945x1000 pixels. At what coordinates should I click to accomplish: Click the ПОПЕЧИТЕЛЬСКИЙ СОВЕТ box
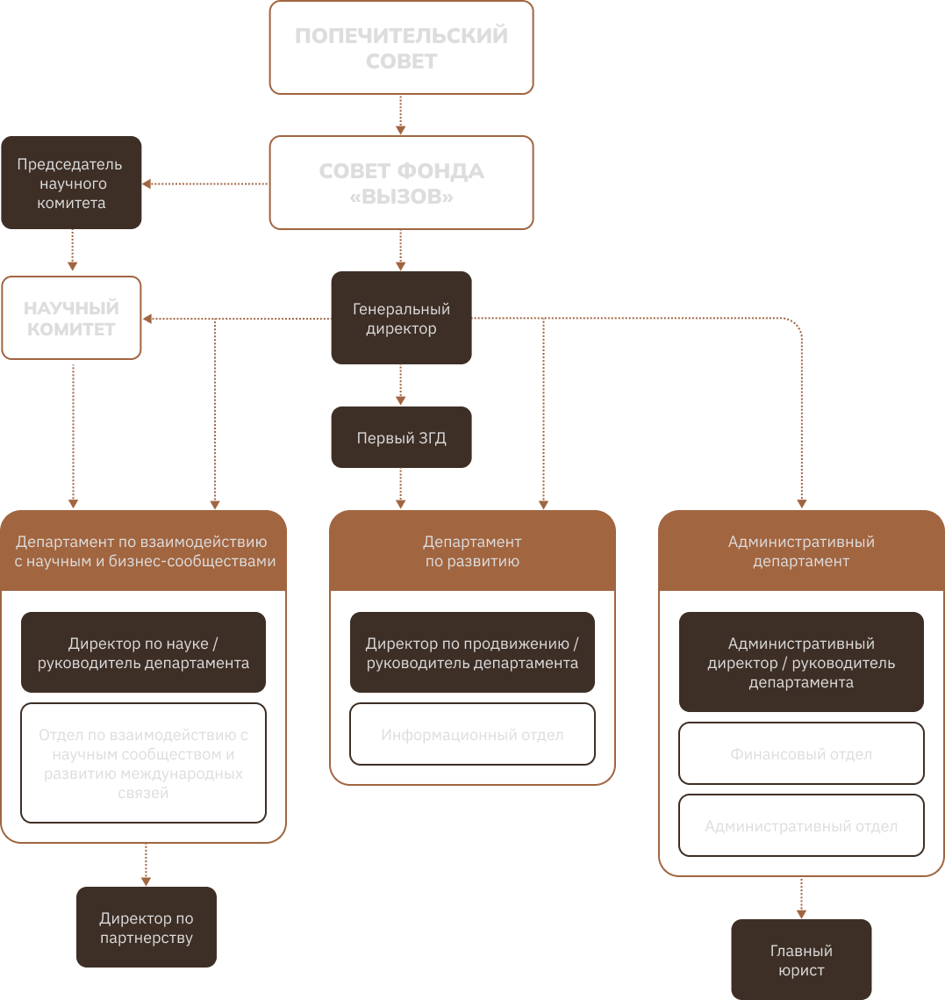401,47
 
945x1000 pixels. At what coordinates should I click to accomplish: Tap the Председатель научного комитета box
71,183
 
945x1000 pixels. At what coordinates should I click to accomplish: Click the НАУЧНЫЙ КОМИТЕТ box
71,318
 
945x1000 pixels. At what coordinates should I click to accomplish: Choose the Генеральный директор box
401,318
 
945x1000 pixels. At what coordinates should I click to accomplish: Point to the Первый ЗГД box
401,437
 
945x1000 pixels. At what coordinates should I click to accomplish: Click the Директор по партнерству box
146,928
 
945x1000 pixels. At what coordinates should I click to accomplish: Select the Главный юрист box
801,960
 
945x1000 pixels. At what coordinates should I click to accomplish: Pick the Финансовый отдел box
801,754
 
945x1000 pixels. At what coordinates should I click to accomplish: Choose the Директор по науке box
143,653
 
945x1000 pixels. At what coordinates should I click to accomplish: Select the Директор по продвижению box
472,653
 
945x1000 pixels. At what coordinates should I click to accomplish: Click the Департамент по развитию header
472,551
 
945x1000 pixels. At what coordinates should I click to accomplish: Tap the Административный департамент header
801,551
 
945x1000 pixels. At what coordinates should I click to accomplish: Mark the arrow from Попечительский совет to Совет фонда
401,115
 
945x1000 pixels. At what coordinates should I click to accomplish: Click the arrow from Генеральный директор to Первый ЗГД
401,385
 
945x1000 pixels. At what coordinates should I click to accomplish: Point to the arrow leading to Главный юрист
801,897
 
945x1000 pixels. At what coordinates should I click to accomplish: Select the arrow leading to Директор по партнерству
146,865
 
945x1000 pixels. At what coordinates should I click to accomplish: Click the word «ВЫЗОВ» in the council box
401,198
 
